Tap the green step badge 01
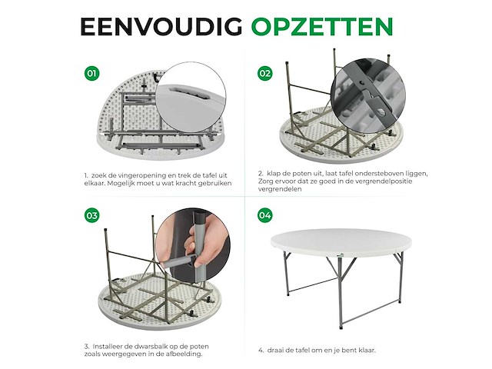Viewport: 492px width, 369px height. pyautogui.click(x=92, y=74)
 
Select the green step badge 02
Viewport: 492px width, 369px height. pyautogui.click(x=265, y=74)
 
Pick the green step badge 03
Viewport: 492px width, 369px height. pyautogui.click(x=92, y=215)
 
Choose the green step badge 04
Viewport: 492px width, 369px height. pyautogui.click(x=265, y=215)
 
